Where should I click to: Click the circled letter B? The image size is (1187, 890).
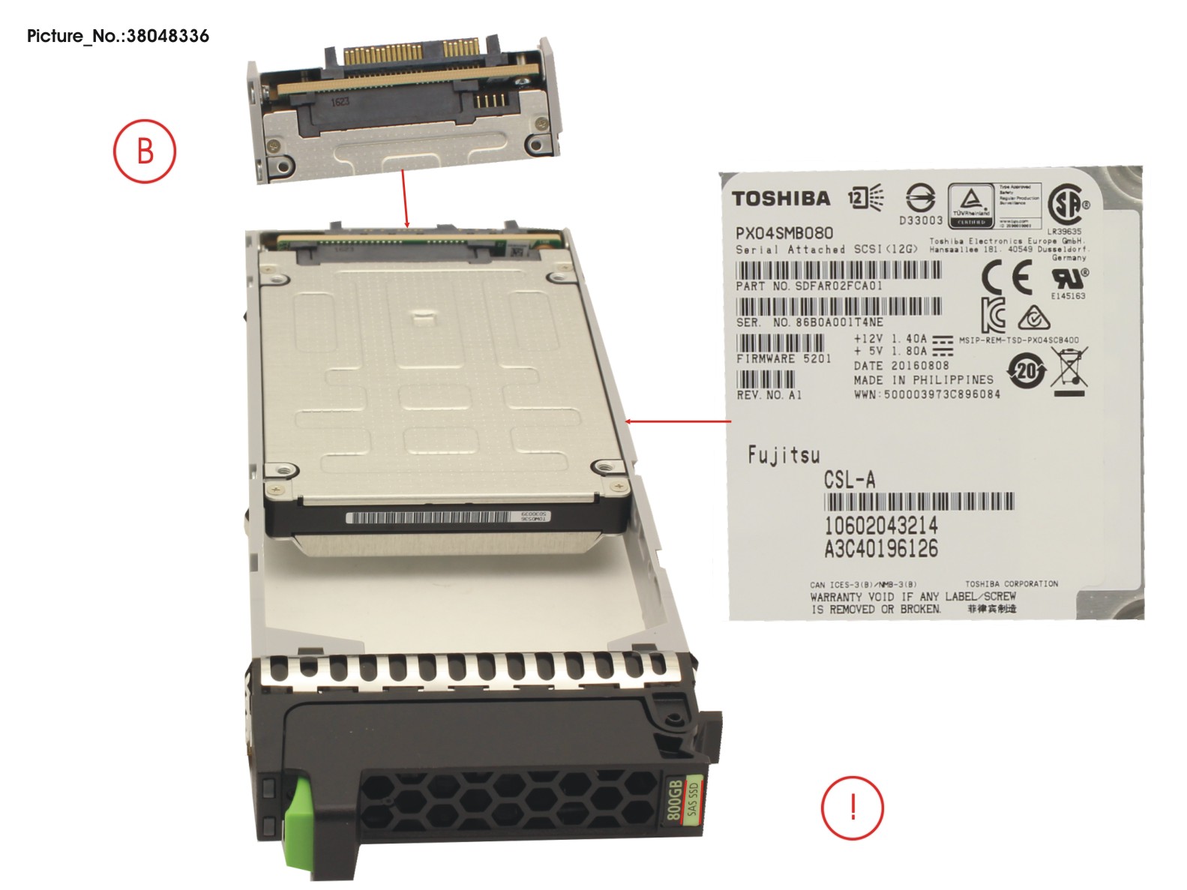click(145, 151)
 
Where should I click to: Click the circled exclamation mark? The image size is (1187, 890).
click(853, 808)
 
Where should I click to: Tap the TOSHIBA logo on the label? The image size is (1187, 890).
click(781, 199)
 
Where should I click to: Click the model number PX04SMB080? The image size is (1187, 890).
click(784, 233)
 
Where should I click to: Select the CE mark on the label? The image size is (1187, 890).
click(1006, 278)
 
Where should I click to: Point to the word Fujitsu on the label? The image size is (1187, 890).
click(784, 454)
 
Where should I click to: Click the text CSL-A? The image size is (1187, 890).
click(849, 480)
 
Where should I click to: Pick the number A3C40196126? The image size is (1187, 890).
click(880, 549)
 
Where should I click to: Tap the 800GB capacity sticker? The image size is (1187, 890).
click(682, 799)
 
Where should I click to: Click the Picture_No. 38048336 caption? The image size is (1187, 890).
click(118, 36)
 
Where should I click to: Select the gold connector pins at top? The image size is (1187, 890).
click(410, 55)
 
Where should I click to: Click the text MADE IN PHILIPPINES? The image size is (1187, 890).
click(923, 380)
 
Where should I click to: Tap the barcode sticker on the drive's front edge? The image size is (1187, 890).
click(447, 517)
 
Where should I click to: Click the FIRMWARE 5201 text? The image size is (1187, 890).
click(784, 359)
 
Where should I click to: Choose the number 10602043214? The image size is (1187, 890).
click(880, 525)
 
